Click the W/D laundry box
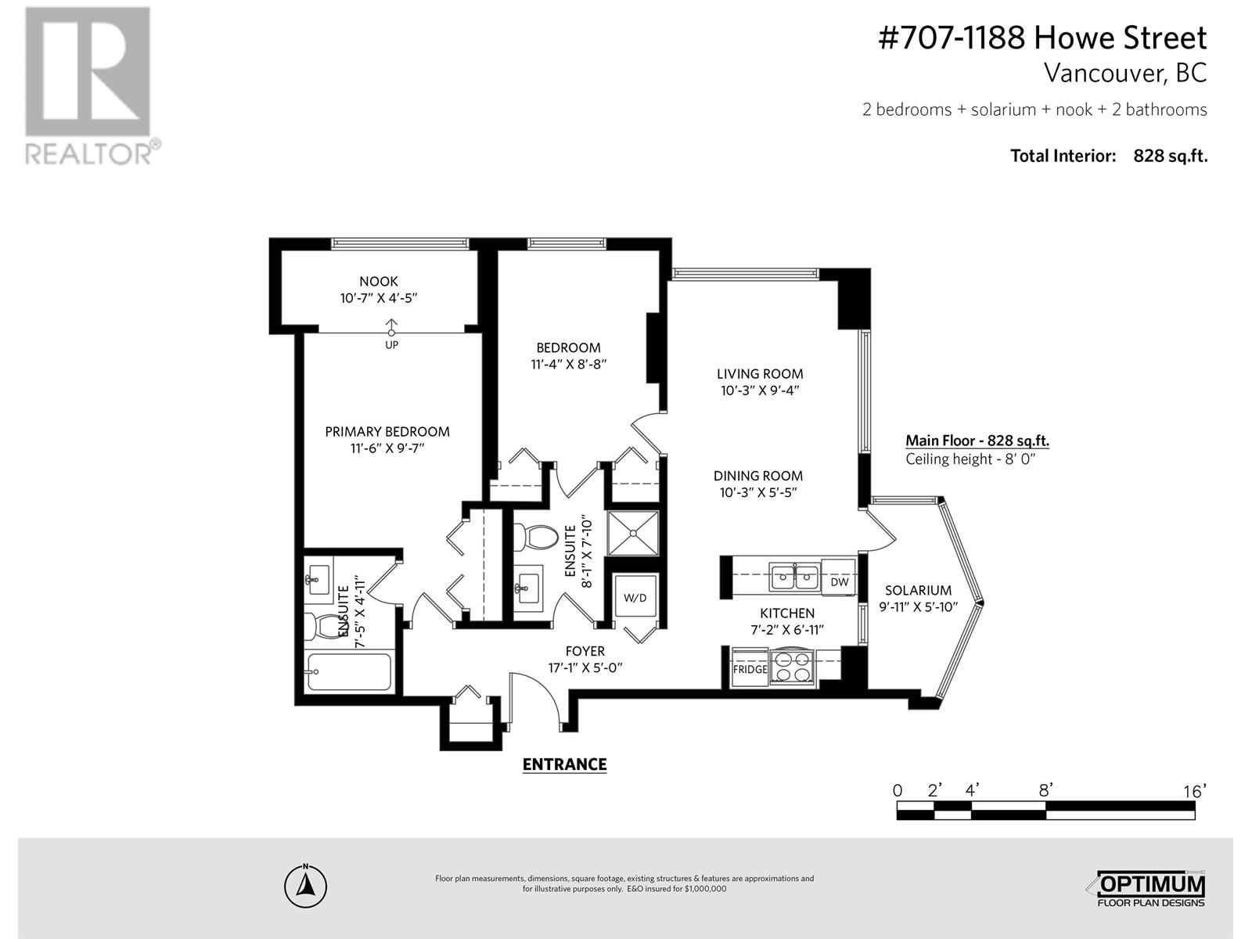pyautogui.click(x=635, y=598)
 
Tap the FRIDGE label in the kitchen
pyautogui.click(x=750, y=670)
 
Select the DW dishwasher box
pyautogui.click(x=839, y=582)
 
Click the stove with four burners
pyautogui.click(x=793, y=667)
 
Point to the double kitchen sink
pyautogui.click(x=794, y=577)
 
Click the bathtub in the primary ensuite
pyautogui.click(x=349, y=671)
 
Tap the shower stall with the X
pyautogui.click(x=634, y=532)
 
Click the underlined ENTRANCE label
pyautogui.click(x=564, y=765)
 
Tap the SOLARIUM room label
pyautogui.click(x=918, y=591)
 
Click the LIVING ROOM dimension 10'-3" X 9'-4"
pyautogui.click(x=760, y=390)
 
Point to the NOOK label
pyautogui.click(x=379, y=281)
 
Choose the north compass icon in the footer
pyautogui.click(x=305, y=887)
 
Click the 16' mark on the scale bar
pyautogui.click(x=1194, y=791)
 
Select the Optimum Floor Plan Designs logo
pyautogui.click(x=1148, y=888)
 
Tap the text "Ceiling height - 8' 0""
pyautogui.click(x=970, y=459)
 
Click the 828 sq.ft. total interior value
pyautogui.click(x=1170, y=156)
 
